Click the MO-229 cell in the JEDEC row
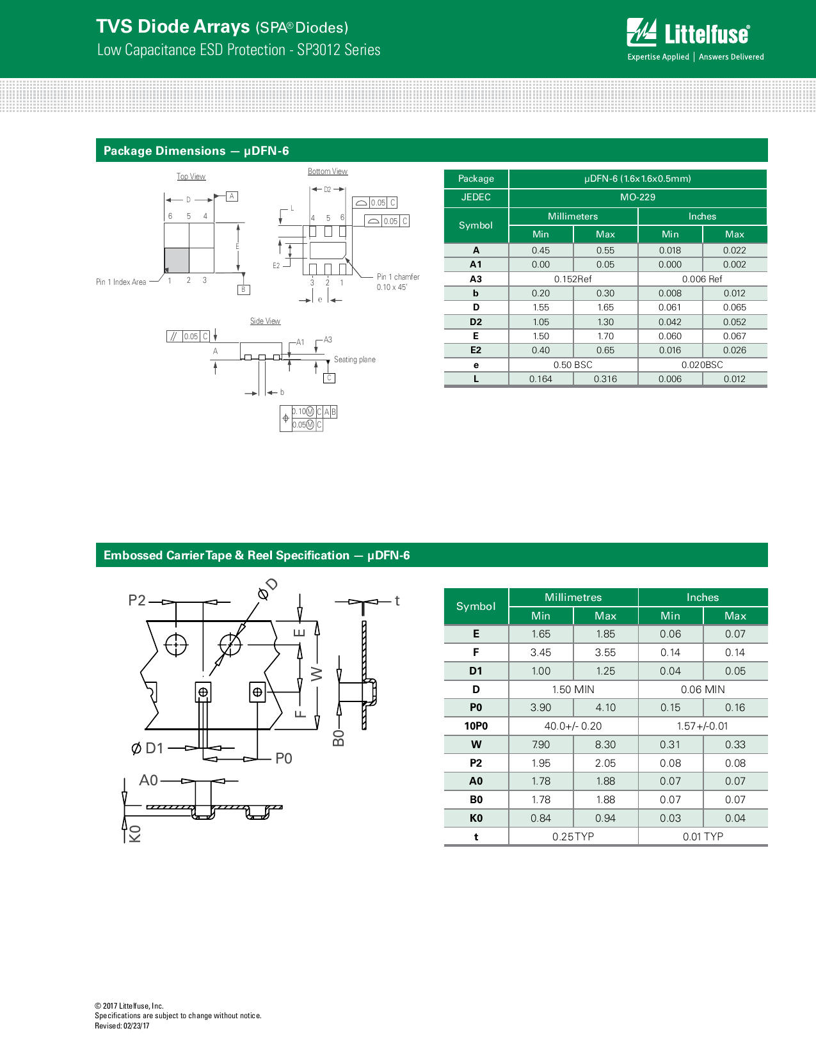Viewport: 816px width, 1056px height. click(x=637, y=197)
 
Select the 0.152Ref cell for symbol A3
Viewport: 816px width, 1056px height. click(x=573, y=279)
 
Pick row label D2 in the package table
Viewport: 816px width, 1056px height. click(x=476, y=322)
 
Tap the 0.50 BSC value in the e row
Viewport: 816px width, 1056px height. click(x=573, y=365)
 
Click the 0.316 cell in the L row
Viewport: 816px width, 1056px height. click(x=605, y=379)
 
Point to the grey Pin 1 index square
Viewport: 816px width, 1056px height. click(x=177, y=260)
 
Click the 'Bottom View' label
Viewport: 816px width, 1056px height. click(x=327, y=172)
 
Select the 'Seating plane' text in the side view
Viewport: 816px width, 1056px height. click(x=355, y=360)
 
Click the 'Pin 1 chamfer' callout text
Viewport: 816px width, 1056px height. click(x=398, y=277)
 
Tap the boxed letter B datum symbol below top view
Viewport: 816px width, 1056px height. click(x=243, y=289)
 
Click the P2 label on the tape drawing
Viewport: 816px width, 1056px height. click(x=137, y=600)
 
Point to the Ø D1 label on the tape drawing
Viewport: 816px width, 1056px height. click(x=148, y=748)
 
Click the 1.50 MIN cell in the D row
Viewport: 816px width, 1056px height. click(x=573, y=689)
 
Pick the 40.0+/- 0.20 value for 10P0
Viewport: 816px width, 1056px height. click(x=573, y=726)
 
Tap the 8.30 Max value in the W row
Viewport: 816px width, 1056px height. click(x=605, y=744)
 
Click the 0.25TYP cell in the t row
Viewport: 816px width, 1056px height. click(x=573, y=836)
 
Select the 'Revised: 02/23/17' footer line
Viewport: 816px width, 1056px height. click(x=122, y=1026)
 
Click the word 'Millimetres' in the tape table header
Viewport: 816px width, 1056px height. click(x=573, y=597)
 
